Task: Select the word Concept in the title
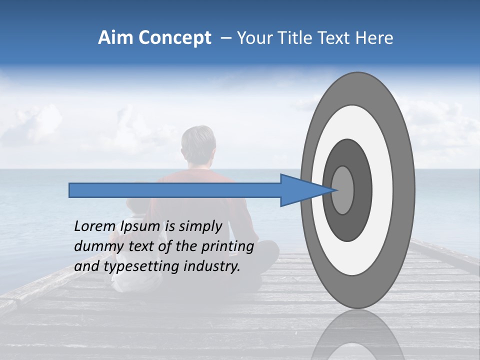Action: (174, 38)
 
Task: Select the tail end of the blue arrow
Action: (70, 190)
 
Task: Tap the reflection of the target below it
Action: (357, 337)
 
